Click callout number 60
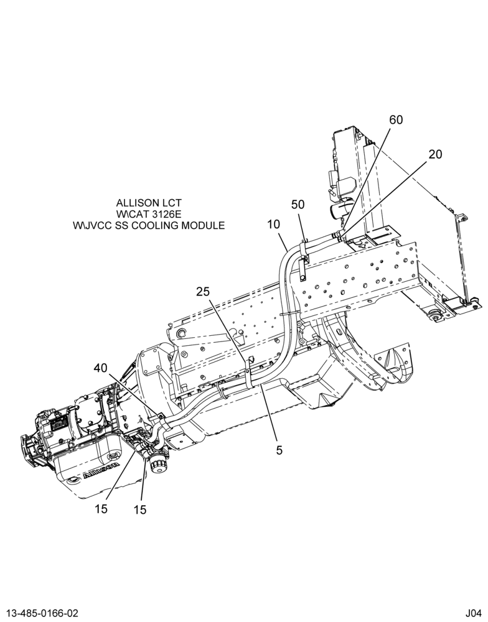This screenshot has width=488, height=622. tap(395, 119)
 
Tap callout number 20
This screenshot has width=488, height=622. tap(435, 154)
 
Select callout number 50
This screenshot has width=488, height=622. tap(298, 204)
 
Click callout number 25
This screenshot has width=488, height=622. tap(203, 292)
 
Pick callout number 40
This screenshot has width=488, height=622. tap(100, 368)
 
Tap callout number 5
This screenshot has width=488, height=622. tap(279, 450)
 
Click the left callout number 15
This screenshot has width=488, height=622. tap(101, 509)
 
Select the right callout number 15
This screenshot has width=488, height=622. tap(140, 510)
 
